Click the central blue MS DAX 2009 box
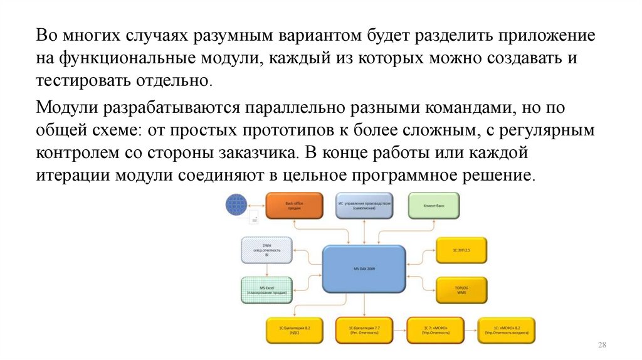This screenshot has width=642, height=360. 364,269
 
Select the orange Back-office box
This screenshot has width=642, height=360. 294,206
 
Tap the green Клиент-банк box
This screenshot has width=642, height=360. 434,205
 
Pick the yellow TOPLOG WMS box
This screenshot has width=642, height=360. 461,289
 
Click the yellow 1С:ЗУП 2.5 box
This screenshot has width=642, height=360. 461,250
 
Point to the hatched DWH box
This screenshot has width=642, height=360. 266,250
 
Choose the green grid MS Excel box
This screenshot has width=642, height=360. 266,290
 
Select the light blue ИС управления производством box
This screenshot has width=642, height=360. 364,206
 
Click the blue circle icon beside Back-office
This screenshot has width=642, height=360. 237,205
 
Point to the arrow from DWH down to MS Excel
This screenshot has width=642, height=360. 267,269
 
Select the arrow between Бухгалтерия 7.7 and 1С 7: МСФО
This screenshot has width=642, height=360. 399,329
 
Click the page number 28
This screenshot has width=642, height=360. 604,346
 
